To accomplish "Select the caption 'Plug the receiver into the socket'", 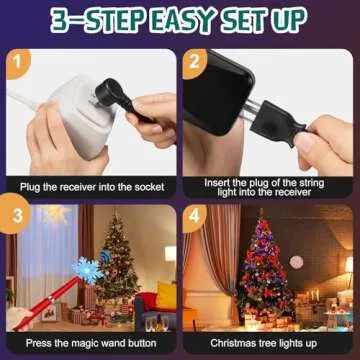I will (90, 186).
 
